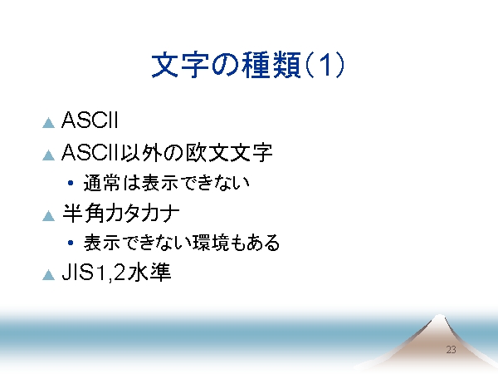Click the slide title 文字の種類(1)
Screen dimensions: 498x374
[x=248, y=65]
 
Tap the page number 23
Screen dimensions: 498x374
[x=451, y=350]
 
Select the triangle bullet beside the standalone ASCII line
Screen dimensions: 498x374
[x=49, y=123]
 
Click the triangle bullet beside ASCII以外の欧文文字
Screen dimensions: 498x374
[x=49, y=155]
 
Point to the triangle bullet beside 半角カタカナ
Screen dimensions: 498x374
[x=49, y=215]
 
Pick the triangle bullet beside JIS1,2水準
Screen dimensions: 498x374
[x=49, y=275]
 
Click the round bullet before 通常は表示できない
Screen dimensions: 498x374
[x=71, y=183]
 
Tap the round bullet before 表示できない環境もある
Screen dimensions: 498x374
[x=71, y=243]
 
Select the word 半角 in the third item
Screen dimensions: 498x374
[x=83, y=213]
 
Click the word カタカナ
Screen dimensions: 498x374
[x=142, y=213]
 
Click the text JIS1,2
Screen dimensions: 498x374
[x=94, y=273]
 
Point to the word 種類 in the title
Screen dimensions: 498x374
[x=271, y=65]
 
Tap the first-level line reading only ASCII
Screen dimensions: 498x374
[x=90, y=120]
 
